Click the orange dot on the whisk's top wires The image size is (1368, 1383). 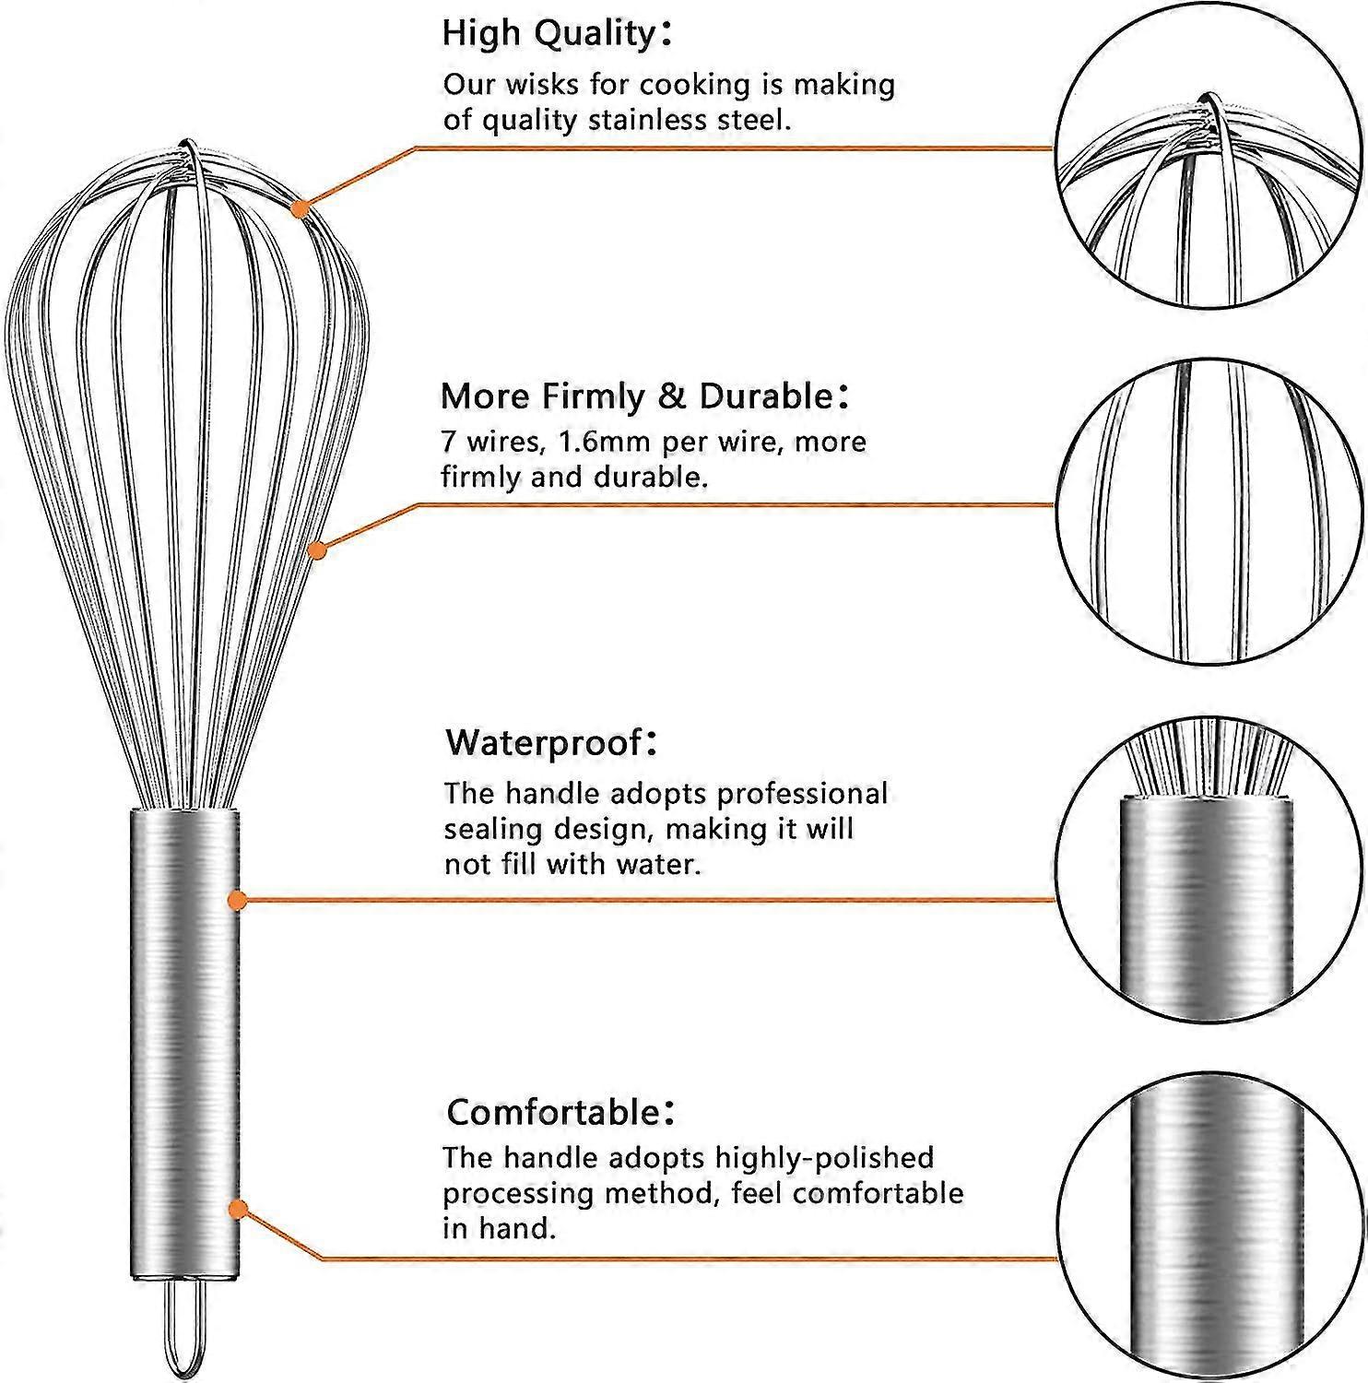(x=299, y=209)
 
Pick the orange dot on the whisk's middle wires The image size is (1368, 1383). (x=317, y=550)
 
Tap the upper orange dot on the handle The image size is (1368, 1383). (x=238, y=900)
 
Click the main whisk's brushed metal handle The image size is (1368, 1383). (x=184, y=1042)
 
